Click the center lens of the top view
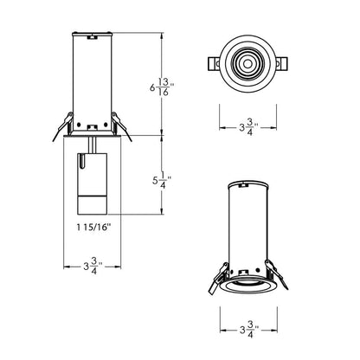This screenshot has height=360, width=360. [x=245, y=64]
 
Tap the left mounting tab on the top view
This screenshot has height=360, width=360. [x=210, y=64]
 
